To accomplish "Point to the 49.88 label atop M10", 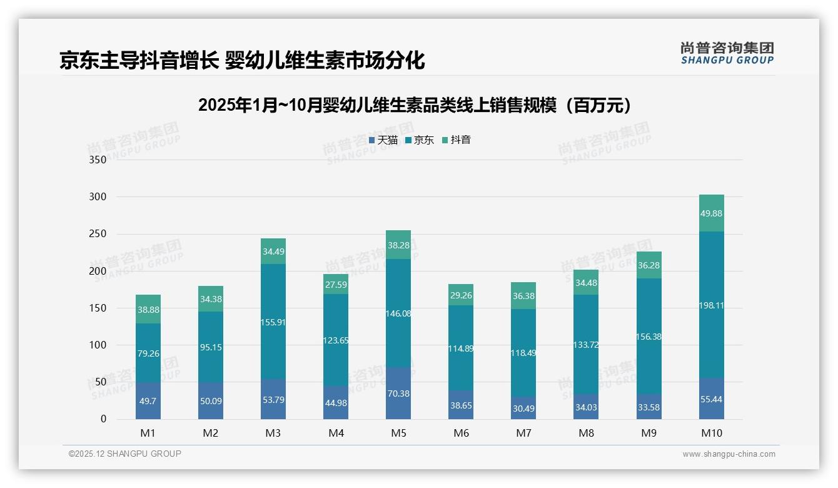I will (x=712, y=213).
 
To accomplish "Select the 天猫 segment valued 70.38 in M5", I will (x=398, y=394).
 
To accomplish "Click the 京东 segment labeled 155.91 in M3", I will (x=273, y=323).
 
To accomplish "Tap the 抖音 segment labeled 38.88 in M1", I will (x=148, y=309).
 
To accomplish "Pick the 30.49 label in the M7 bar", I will (x=523, y=408).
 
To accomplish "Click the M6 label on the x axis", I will (x=461, y=433).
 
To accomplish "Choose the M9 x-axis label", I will (x=649, y=433).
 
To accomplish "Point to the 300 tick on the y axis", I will (x=99, y=197).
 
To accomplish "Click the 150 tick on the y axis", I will (x=99, y=308).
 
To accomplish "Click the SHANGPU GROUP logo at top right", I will (x=727, y=53).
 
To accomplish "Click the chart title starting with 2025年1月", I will (x=418, y=105).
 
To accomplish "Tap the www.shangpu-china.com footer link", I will (x=729, y=454).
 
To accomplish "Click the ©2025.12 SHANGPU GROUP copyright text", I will (x=125, y=454).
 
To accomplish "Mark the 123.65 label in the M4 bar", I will (x=336, y=340).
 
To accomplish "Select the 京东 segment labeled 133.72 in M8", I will (x=586, y=344).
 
